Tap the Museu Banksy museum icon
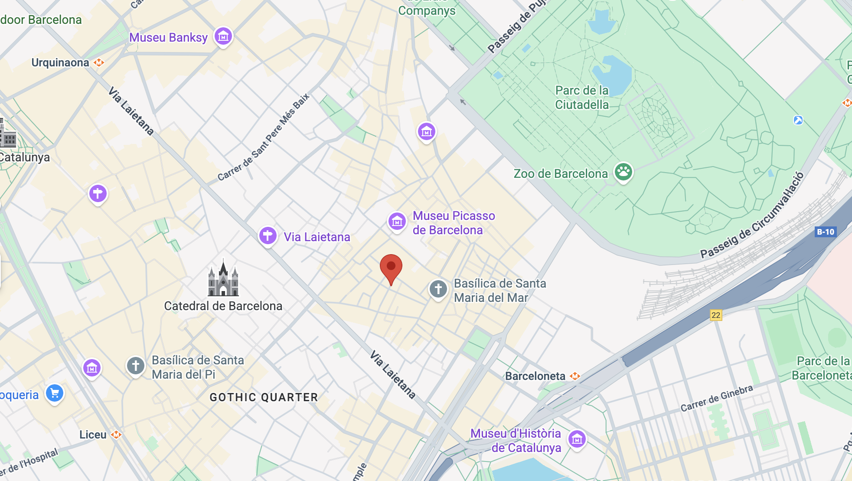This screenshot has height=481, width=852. [x=223, y=37]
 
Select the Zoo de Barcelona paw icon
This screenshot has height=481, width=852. [x=623, y=172]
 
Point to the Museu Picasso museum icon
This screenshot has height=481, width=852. [x=397, y=222]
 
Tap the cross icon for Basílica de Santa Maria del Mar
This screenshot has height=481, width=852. [x=438, y=289]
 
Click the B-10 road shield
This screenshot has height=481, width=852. [x=825, y=232]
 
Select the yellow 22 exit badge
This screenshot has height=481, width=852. [x=715, y=315]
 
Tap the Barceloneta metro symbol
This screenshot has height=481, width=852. [x=575, y=376]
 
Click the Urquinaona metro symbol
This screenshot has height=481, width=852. [x=99, y=62]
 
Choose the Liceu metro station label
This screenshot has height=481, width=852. [x=93, y=435]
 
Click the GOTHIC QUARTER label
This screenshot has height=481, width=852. [x=264, y=397]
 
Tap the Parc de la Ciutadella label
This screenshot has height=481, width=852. [x=582, y=98]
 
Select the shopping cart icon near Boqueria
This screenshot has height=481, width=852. [x=55, y=393]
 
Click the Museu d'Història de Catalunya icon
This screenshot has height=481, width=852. [x=577, y=439]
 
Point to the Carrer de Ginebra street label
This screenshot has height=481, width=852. [x=716, y=398]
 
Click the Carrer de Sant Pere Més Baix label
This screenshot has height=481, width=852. [x=263, y=137]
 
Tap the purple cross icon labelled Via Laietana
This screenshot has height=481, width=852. [x=268, y=236]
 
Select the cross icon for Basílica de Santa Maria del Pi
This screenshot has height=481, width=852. [x=135, y=366]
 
